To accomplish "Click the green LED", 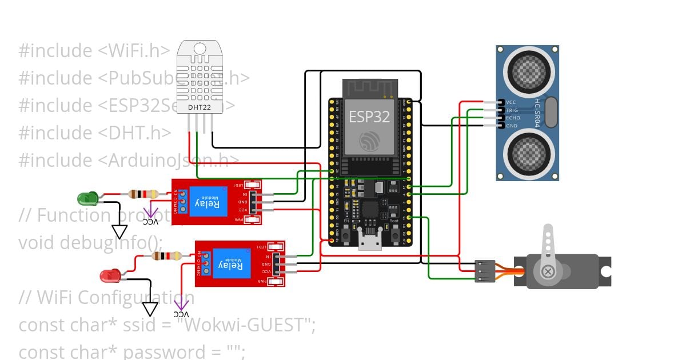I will coord(87,199).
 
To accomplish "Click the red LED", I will coord(109,277).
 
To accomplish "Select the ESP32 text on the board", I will coord(369,117).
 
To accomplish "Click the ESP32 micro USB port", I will coord(369,242).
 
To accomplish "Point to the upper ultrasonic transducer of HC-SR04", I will coord(527,71).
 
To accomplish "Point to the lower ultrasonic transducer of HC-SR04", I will coord(527,150).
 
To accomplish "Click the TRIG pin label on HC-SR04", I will coord(511,110).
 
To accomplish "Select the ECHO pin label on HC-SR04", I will coord(512,118).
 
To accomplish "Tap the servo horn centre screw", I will coord(548,271).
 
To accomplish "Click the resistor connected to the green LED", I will coord(140,194).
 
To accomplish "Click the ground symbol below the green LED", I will coord(119,231).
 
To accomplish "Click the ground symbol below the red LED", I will coord(150,309).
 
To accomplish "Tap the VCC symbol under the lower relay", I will coord(181,309).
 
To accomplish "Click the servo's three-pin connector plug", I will coord(485,271).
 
